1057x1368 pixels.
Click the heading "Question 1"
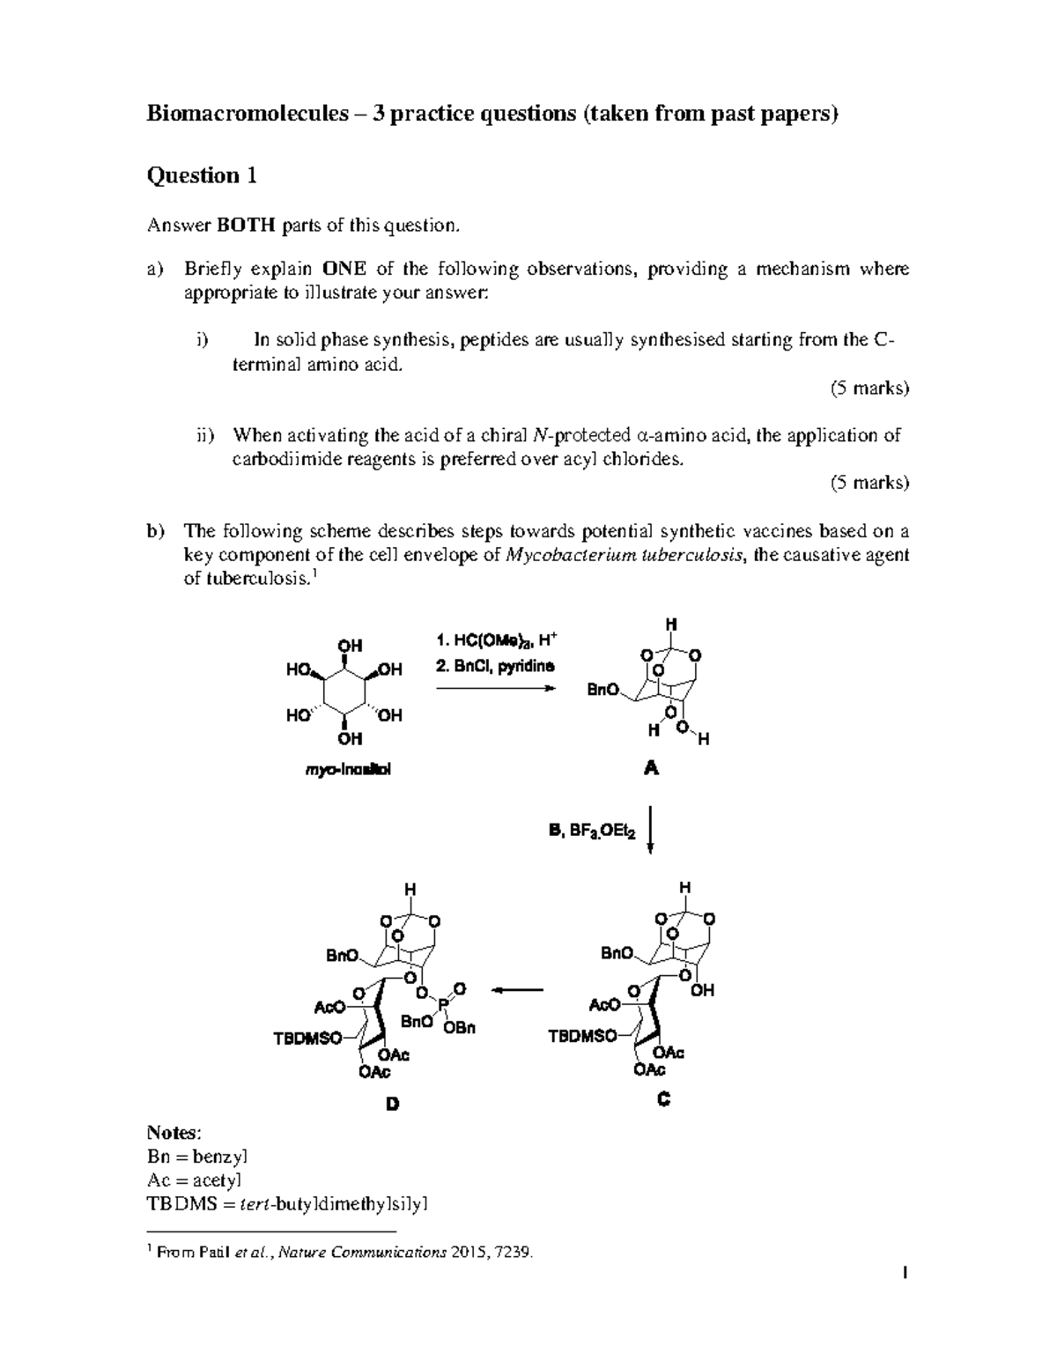tap(202, 175)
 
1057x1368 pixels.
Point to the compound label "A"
tap(651, 768)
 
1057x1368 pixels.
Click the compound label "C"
tap(663, 1098)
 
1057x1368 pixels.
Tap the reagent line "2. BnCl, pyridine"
tap(495, 666)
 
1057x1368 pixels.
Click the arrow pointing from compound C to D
tap(517, 990)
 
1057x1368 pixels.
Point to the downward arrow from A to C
tap(650, 828)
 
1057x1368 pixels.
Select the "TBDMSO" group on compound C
tap(582, 1036)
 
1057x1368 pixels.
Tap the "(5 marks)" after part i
tap(869, 388)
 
